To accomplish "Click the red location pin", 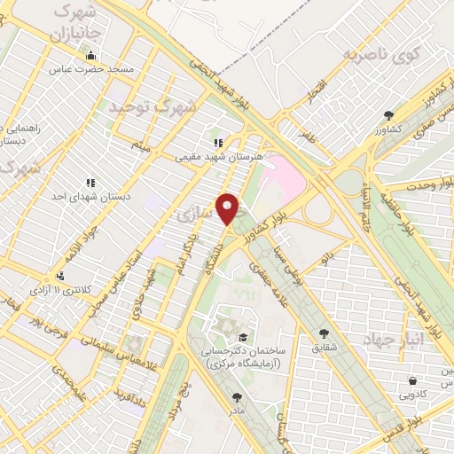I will [229, 209].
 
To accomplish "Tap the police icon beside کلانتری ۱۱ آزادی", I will [59, 277].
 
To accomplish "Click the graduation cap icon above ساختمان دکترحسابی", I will [242, 338].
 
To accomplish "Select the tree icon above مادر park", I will [236, 398].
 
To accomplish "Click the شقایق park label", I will [325, 348].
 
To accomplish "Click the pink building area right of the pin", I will [284, 176].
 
